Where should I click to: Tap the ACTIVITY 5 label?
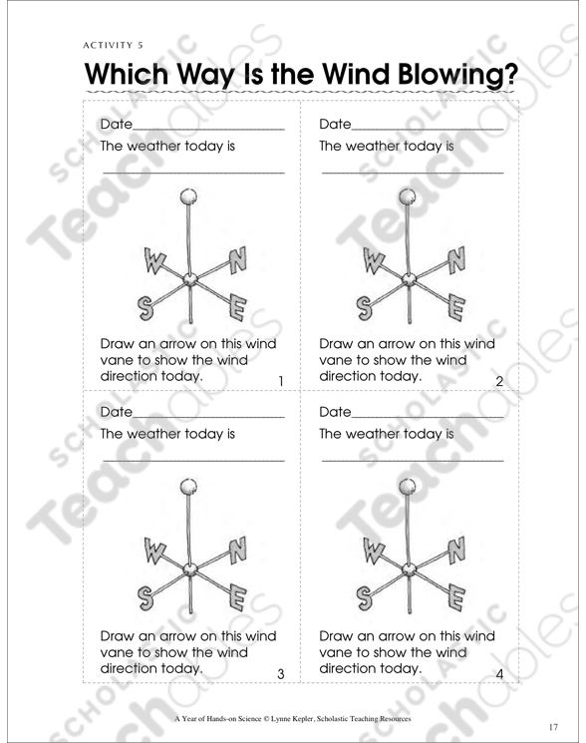point(114,46)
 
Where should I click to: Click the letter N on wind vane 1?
point(237,260)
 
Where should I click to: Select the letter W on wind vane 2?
point(373,262)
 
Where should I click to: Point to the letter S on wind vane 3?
point(146,598)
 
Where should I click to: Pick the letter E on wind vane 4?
point(455,598)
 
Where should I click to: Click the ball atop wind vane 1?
point(189,196)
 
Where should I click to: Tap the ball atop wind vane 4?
point(408,486)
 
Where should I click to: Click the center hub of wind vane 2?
point(409,279)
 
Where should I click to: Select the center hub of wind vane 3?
point(190,569)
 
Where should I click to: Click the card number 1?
point(281,381)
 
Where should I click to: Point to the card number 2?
point(499,381)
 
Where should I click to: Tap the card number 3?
point(281,673)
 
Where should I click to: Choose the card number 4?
point(499,673)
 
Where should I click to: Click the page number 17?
point(553,727)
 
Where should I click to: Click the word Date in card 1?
point(117,124)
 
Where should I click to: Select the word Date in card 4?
point(335,412)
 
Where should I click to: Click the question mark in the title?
point(510,74)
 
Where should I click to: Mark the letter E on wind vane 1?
point(237,307)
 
